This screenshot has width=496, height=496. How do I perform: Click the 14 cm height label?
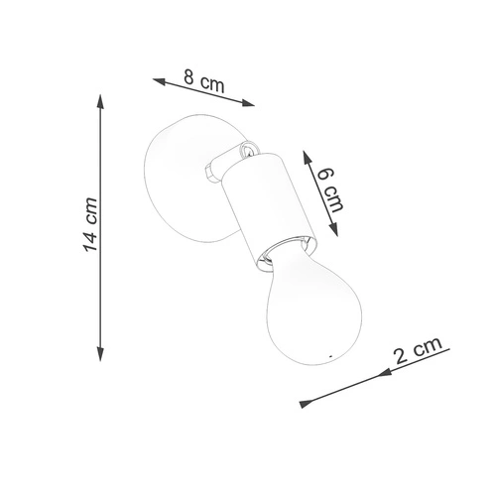tap(90, 229)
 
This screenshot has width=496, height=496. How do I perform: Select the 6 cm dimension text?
tap(330, 188)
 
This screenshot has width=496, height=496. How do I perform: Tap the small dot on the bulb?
tap(329, 353)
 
